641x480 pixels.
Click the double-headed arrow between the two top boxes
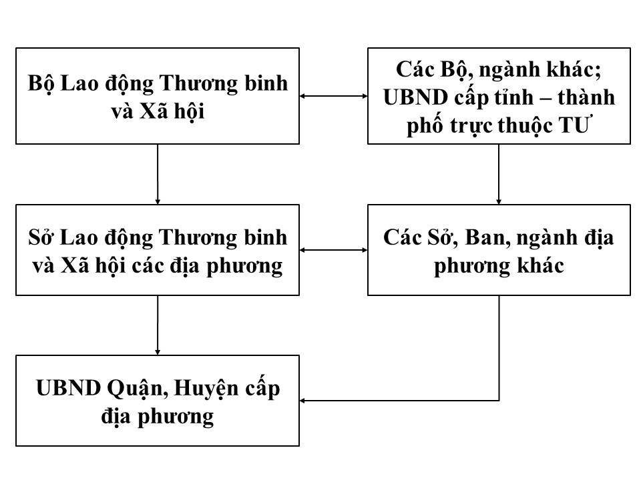[333, 96]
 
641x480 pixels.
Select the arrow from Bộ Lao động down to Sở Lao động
[158, 173]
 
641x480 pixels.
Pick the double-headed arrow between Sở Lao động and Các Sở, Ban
[333, 250]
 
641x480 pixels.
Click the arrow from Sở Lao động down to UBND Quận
[158, 325]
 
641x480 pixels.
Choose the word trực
[467, 127]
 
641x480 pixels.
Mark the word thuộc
[527, 127]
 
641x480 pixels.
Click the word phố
[424, 127]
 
